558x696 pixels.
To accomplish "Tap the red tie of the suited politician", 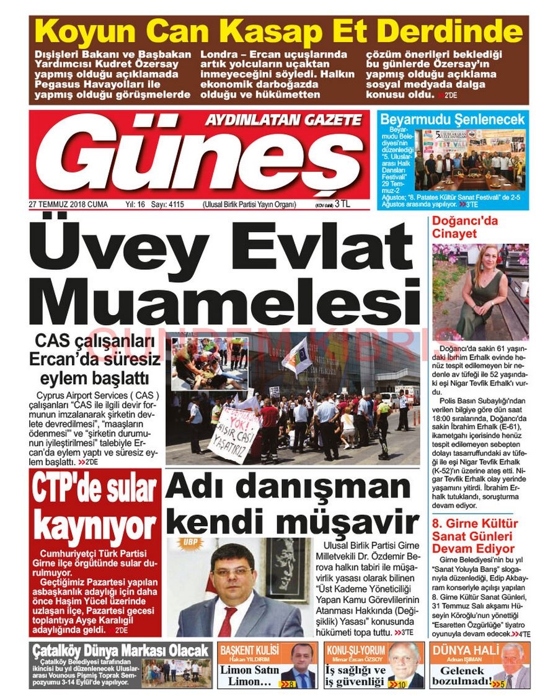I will click(x=228, y=620).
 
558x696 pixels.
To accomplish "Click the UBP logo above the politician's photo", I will click(x=187, y=543).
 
